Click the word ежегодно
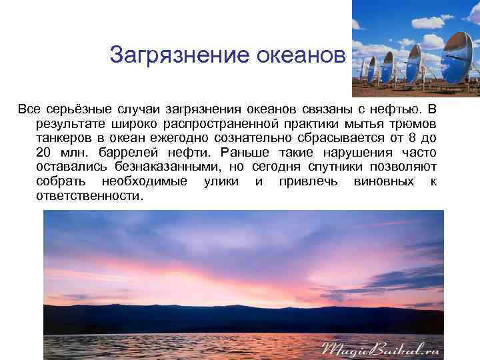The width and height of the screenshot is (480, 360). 181,138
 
